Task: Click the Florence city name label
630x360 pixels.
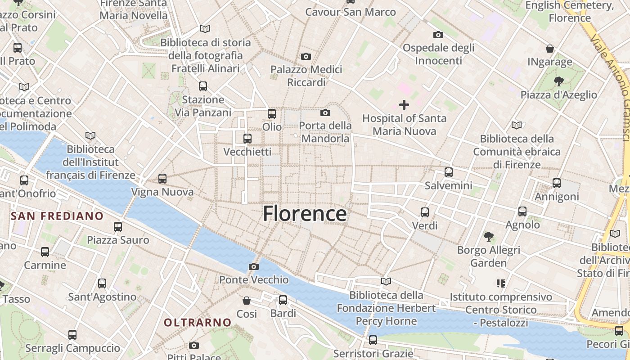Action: tap(305, 214)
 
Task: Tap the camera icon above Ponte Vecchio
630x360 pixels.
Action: tap(253, 266)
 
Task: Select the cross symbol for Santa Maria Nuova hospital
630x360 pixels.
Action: tap(404, 105)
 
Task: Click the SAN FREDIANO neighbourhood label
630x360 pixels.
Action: tap(57, 216)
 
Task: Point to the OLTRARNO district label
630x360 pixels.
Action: tap(198, 322)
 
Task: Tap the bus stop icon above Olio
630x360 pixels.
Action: tap(271, 114)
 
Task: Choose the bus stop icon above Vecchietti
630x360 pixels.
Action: tap(247, 139)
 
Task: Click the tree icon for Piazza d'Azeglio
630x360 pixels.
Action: tap(558, 81)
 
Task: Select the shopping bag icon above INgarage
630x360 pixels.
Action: tap(549, 48)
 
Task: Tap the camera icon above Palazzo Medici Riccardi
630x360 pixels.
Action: tap(306, 56)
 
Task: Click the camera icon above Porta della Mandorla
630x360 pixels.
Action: tap(325, 112)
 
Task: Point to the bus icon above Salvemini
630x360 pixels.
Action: tap(448, 172)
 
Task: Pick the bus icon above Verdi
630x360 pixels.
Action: tap(424, 212)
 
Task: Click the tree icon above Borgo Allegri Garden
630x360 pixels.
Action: tap(488, 236)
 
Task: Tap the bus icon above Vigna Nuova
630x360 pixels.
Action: tap(162, 179)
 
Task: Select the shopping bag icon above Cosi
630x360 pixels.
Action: tap(247, 300)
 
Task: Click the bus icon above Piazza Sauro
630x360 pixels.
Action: tap(118, 227)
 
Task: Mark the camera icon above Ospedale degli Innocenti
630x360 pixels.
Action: tap(438, 35)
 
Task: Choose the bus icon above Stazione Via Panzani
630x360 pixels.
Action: tap(203, 86)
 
